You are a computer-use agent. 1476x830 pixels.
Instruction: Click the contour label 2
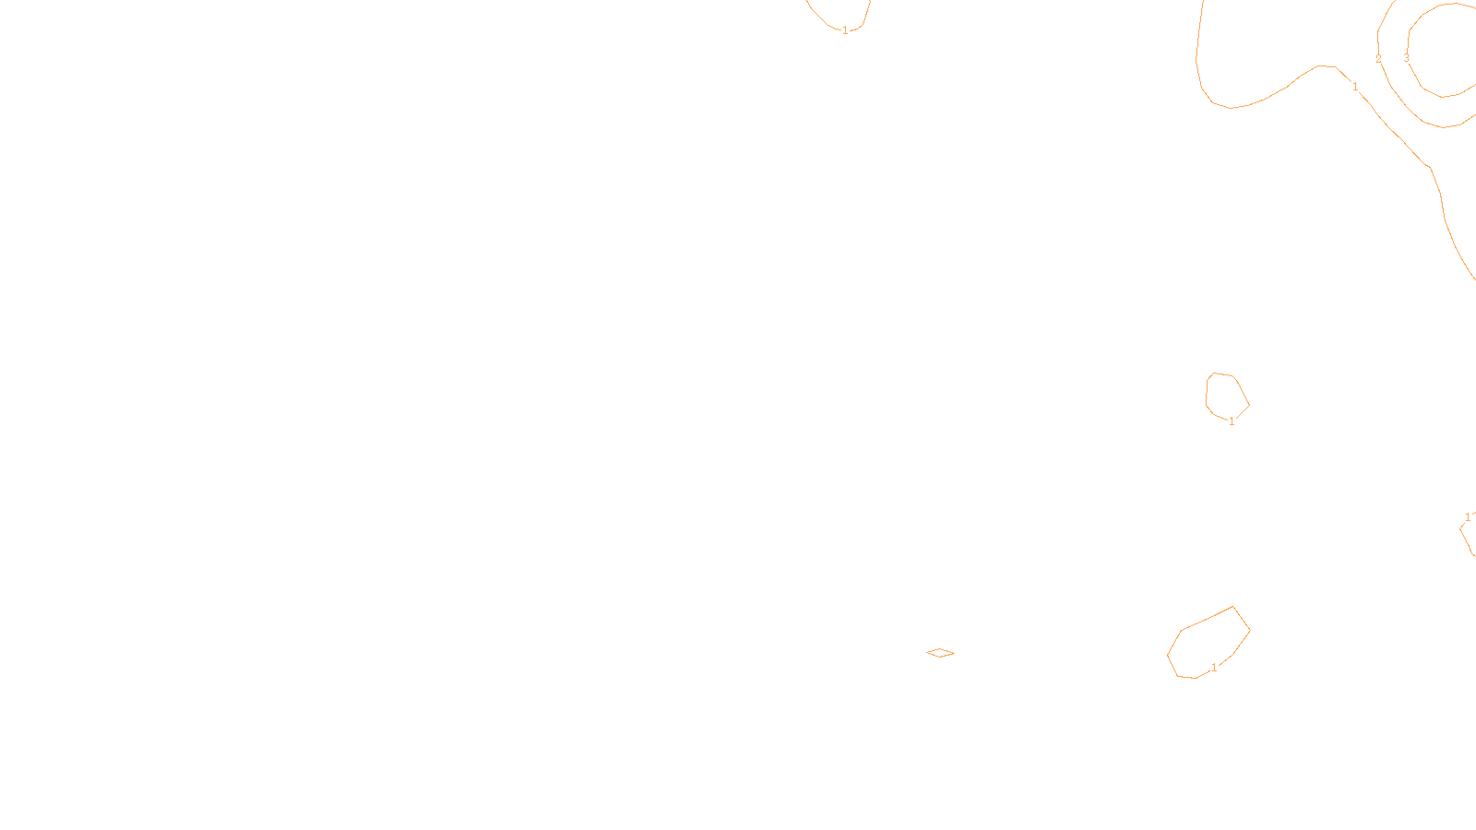[1378, 59]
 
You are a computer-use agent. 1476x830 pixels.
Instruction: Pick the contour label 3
[1406, 57]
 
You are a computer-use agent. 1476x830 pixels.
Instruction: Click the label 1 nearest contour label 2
[1355, 87]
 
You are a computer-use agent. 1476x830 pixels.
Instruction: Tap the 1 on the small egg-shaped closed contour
[1232, 421]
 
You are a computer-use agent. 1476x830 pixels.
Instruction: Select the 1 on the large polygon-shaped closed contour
[1214, 668]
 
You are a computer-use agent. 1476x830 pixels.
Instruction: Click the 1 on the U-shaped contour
[845, 30]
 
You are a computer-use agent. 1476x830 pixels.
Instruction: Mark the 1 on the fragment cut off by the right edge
[1468, 517]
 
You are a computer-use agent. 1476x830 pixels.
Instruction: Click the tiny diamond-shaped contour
[940, 653]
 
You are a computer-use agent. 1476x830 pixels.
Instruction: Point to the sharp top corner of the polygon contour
[1233, 607]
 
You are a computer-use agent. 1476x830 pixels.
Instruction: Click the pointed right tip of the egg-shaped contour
[1249, 404]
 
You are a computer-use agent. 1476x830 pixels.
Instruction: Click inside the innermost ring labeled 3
[1448, 51]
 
